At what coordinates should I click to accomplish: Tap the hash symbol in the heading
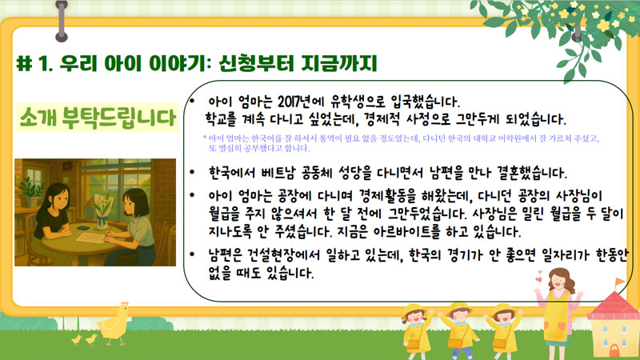coord(25,63)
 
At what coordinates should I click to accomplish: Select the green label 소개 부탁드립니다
coord(98,118)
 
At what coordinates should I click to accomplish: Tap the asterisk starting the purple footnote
coord(205,138)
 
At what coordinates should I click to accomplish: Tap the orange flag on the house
coord(619,282)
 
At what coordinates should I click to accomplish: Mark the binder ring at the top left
coord(62,22)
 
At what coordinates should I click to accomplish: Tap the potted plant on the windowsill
coord(31,192)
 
